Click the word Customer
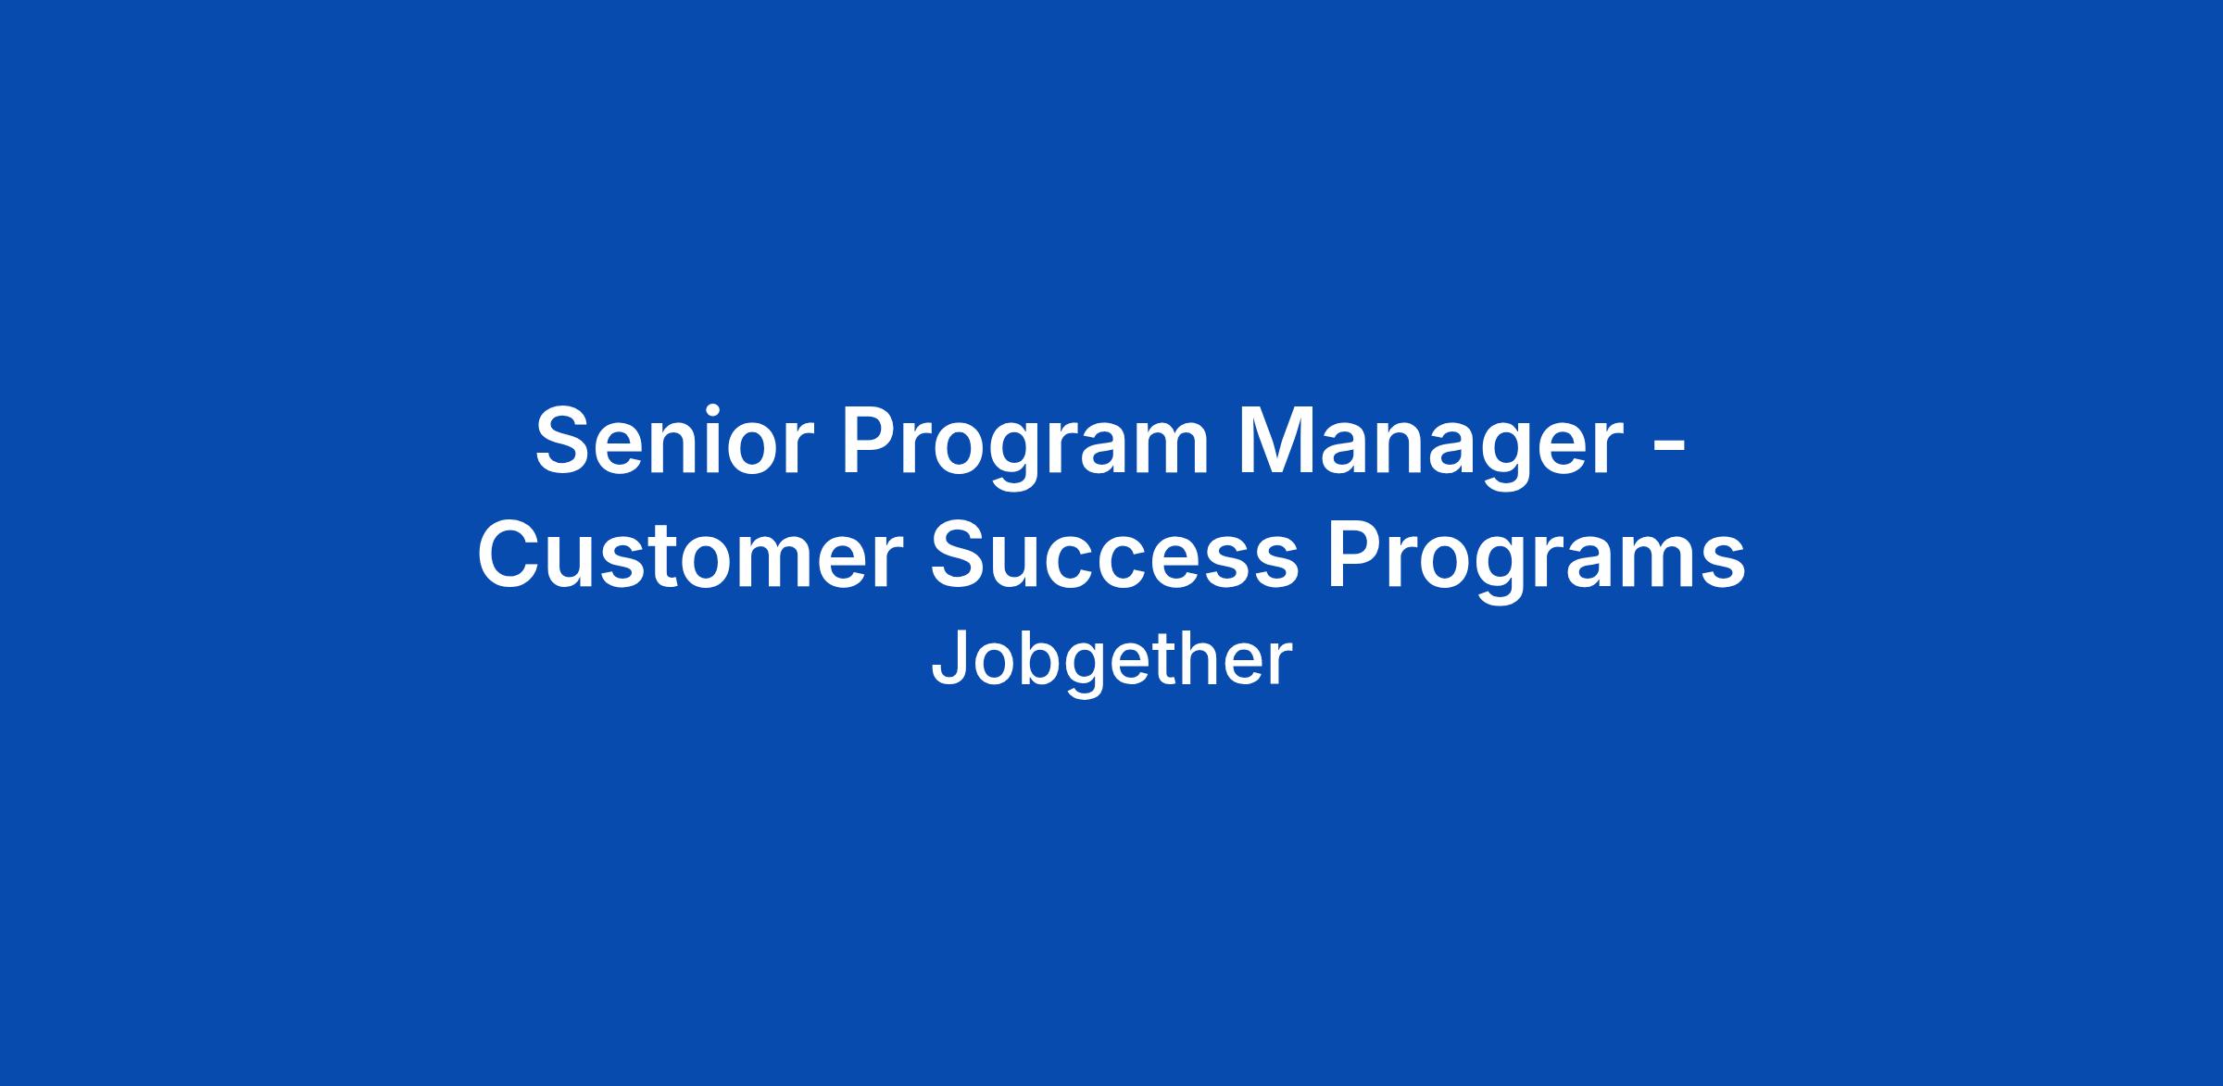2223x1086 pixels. coord(690,557)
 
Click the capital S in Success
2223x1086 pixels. coord(961,557)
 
